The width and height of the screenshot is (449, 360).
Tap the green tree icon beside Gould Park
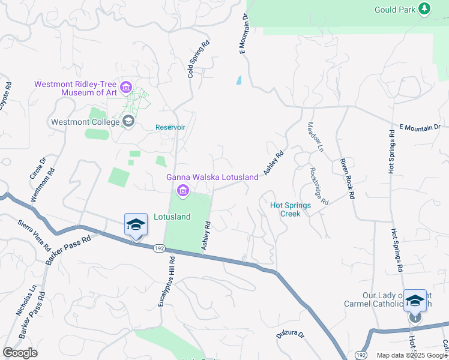click(x=425, y=8)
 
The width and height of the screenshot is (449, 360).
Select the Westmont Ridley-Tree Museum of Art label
click(x=76, y=88)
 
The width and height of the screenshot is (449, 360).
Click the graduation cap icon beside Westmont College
click(x=128, y=122)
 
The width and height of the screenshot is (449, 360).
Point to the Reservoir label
click(x=170, y=127)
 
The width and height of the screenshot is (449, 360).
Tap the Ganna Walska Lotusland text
click(x=212, y=177)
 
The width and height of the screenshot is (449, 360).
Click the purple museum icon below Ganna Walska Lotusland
click(x=182, y=191)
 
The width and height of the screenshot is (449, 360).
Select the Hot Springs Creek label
click(x=291, y=209)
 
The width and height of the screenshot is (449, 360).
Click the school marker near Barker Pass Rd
click(x=136, y=226)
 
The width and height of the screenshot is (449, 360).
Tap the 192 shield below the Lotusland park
click(x=158, y=247)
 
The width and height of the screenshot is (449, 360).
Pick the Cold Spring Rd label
click(x=198, y=59)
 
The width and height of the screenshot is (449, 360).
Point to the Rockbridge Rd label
click(x=319, y=185)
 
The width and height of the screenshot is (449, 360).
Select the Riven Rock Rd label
click(x=346, y=179)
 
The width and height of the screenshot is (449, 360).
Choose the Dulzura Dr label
click(x=291, y=333)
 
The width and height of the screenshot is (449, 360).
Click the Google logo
click(x=20, y=353)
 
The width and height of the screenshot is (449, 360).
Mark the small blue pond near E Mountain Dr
click(x=239, y=80)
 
